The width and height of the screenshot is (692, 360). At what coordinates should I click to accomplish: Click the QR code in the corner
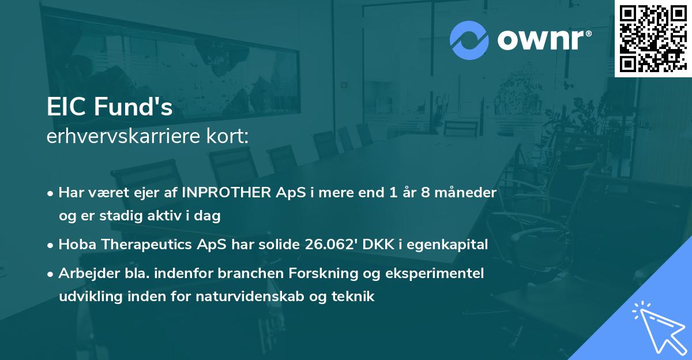(653, 38)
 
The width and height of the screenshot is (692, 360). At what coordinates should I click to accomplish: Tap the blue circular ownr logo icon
(470, 39)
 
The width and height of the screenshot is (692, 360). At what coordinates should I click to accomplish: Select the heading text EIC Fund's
(110, 107)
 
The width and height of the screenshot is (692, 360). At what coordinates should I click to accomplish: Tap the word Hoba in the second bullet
(76, 245)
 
